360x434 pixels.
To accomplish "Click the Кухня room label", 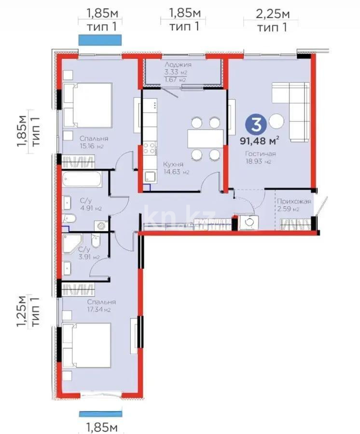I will point(173,164).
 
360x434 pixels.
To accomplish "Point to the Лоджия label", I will point(178,64).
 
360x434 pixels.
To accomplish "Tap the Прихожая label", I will point(293,202).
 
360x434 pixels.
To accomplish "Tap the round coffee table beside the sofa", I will point(277,121).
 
